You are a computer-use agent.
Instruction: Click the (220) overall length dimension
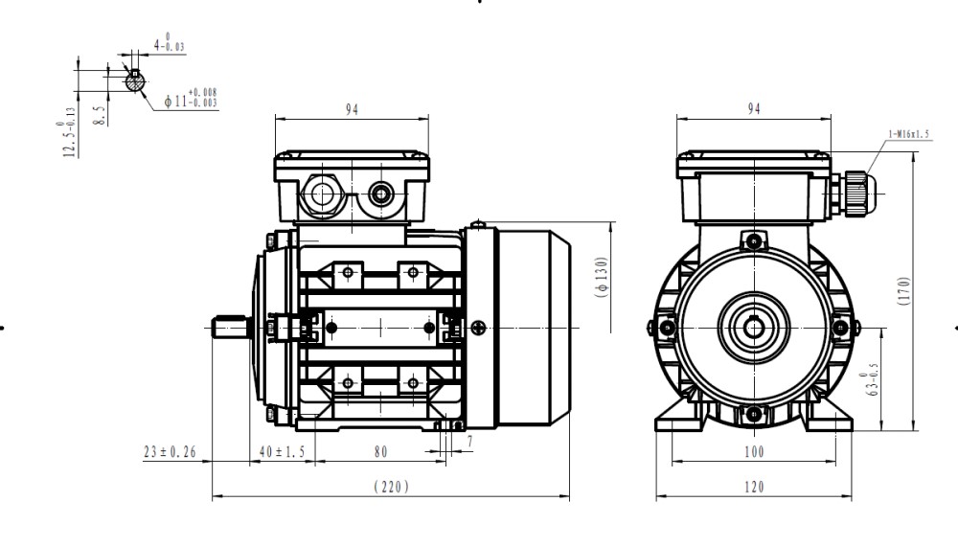click(x=390, y=487)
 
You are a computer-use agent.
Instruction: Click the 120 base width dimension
click(x=754, y=487)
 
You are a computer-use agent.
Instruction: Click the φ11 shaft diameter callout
click(x=191, y=98)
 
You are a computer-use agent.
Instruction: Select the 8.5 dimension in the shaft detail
click(x=100, y=116)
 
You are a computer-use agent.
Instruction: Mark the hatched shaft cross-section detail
click(x=136, y=81)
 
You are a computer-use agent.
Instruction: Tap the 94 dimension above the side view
click(x=352, y=110)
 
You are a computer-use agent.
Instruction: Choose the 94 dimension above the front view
click(x=754, y=110)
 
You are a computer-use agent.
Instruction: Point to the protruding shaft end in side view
click(x=231, y=328)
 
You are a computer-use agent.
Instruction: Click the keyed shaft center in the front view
click(x=754, y=328)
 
